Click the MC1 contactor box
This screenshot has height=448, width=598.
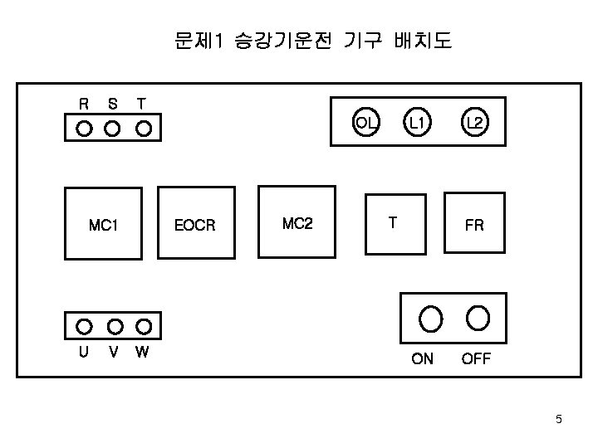104,223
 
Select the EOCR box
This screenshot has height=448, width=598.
196,223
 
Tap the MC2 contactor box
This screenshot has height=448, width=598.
297,222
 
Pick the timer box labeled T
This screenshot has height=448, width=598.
395,222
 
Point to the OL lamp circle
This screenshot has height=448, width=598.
366,123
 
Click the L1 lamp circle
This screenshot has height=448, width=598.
417,123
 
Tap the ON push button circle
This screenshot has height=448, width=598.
430,317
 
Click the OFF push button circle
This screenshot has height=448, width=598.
478,317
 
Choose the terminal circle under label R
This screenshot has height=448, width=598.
84,129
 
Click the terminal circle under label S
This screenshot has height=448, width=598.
113,129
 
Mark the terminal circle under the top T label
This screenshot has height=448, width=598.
144,129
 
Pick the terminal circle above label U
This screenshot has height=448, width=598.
84,325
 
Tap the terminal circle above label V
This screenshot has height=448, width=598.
115,325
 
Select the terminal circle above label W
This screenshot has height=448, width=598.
144,325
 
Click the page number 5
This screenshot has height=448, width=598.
559,419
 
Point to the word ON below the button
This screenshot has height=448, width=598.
422,359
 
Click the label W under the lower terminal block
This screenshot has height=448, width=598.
142,352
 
